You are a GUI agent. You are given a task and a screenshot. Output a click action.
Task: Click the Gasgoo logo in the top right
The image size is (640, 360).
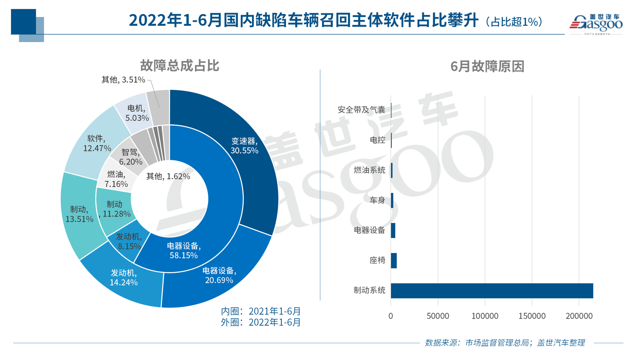596,23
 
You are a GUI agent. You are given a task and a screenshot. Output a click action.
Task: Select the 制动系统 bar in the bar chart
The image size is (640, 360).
492,291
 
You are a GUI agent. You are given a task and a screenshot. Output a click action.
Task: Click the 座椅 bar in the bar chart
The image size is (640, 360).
394,261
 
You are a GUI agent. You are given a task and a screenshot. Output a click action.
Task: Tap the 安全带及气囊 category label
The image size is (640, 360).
361,110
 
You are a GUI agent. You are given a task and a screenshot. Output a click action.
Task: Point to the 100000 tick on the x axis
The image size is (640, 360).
485,316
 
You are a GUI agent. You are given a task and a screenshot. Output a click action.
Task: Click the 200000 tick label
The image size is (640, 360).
579,316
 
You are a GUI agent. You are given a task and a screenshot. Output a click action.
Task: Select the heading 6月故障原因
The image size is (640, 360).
487,66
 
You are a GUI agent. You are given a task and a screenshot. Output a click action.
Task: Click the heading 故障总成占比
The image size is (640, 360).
180,66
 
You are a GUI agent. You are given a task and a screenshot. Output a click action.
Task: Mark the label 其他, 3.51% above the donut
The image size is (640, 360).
123,80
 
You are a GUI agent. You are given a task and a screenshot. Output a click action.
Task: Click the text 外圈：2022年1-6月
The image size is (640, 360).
261,322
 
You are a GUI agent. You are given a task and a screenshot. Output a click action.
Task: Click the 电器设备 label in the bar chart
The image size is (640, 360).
369,230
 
